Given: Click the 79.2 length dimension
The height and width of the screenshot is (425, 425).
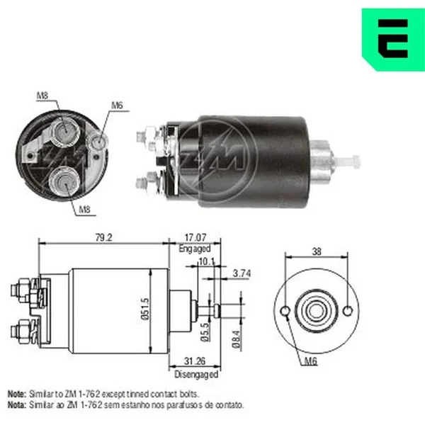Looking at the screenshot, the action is pos(104,238).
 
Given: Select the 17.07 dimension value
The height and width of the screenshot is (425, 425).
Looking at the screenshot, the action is pos(195,238).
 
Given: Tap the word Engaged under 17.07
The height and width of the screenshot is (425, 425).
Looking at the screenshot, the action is pos(195,249).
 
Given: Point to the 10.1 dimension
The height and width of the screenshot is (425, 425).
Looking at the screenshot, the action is pos(207,261).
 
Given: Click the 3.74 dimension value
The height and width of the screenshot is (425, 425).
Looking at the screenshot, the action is pos(242,273).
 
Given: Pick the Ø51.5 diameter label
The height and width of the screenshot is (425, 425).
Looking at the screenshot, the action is pos(145,309).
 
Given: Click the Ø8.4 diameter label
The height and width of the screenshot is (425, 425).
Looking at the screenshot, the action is pos(237,339).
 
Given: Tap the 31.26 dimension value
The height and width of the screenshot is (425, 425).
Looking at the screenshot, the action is pos(195,361).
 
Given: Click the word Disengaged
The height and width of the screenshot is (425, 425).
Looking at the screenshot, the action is pos(196,374).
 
